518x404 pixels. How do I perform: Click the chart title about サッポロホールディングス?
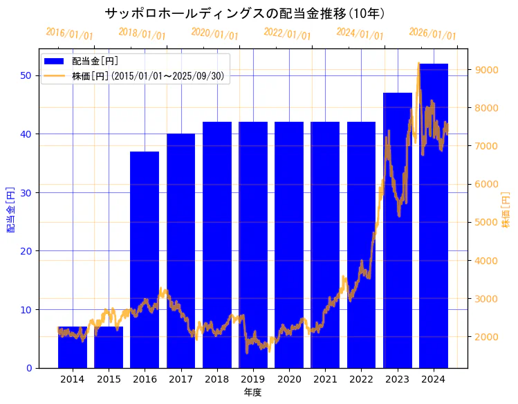pos(246,13)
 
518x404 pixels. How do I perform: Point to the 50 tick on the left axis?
pos(26,75)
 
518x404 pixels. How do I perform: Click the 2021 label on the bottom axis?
pos(325,379)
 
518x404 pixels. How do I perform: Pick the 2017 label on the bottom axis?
pos(181,379)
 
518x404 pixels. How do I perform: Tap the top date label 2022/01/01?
pos(287,33)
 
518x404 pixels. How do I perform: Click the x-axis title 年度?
pos(252,393)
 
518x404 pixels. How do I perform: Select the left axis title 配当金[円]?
pos(11,209)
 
